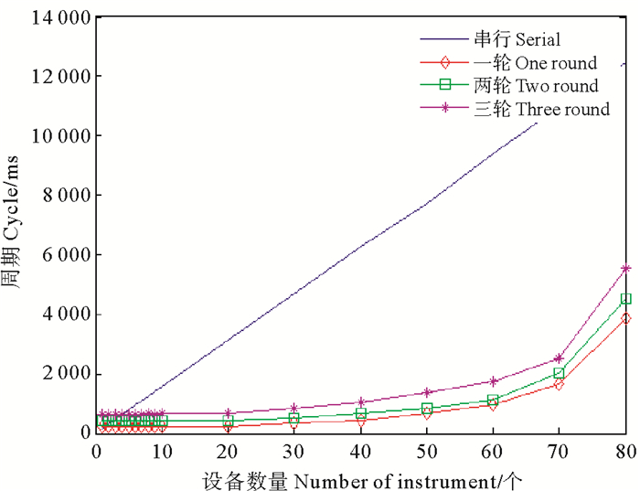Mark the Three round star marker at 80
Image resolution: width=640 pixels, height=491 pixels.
(x=625, y=269)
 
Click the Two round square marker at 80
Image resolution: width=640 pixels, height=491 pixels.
(x=625, y=298)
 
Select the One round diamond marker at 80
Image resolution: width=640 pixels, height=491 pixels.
(x=625, y=318)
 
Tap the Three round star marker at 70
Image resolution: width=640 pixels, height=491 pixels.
(x=559, y=358)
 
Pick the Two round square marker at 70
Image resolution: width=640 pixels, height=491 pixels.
(x=559, y=373)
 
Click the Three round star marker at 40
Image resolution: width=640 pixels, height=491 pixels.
(x=361, y=402)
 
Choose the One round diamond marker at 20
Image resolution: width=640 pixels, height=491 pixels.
(x=229, y=426)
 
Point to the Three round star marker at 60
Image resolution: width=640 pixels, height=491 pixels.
(x=493, y=381)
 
